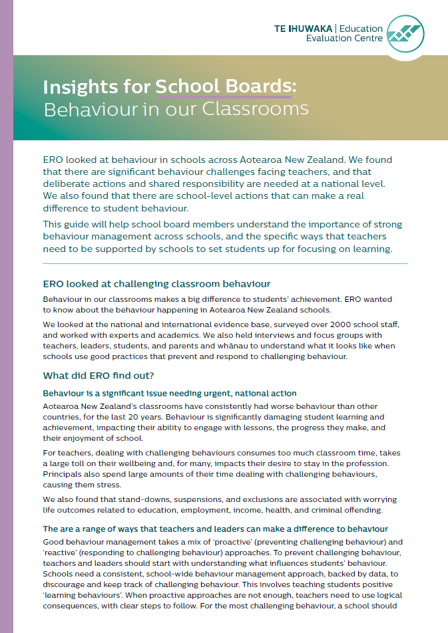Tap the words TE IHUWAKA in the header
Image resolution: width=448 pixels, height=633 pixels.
tap(305, 29)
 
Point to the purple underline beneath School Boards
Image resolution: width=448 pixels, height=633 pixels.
tap(223, 97)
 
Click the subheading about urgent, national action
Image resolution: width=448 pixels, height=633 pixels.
tap(170, 394)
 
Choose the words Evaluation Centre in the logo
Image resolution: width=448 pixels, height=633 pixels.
tap(345, 39)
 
